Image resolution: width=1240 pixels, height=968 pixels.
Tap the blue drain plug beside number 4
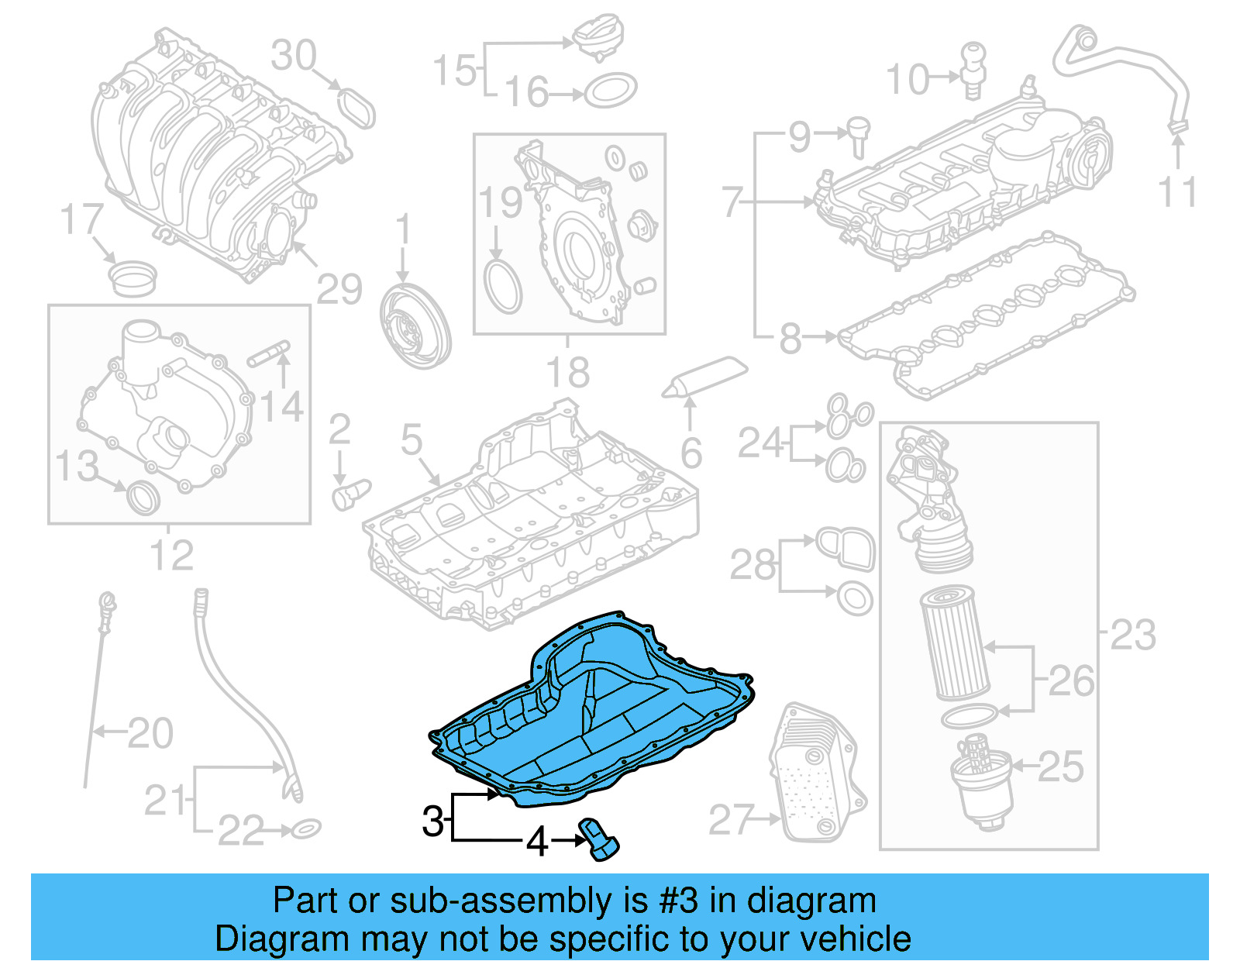[x=599, y=839]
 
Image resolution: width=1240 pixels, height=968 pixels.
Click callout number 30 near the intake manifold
[x=294, y=56]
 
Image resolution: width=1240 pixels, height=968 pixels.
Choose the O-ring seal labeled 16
[x=610, y=91]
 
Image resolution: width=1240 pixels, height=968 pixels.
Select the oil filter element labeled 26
[x=954, y=642]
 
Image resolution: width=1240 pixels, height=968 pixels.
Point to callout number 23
[x=1132, y=635]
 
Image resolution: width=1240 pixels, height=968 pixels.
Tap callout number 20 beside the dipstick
[x=150, y=732]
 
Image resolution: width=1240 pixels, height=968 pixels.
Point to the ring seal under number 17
[x=133, y=278]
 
